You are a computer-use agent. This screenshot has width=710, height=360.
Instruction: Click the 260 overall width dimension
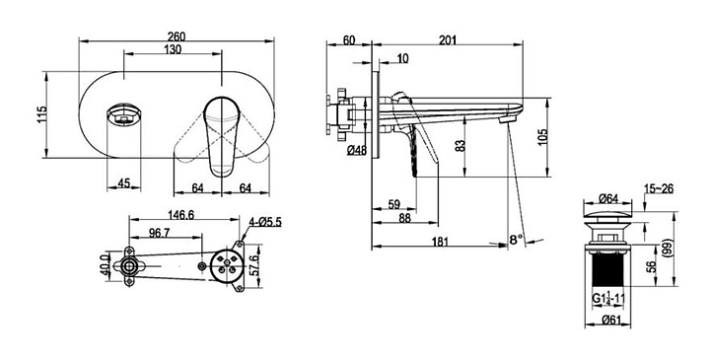coord(177,36)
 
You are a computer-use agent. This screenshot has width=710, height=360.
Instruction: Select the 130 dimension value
coord(173,49)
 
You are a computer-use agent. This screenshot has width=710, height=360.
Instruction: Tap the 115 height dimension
coord(41,115)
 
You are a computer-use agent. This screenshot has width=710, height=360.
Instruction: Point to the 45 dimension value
coord(123,183)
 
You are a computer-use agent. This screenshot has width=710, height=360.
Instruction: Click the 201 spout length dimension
coord(448,39)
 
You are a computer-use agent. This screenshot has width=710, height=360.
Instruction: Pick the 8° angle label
coord(516,239)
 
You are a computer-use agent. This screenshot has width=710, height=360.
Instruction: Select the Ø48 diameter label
coord(357,151)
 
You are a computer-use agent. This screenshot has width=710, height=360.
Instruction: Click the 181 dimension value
coord(440,242)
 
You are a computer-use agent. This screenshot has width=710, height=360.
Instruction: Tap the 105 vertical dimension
coord(543,137)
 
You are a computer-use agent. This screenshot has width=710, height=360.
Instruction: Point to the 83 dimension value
coord(461,146)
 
